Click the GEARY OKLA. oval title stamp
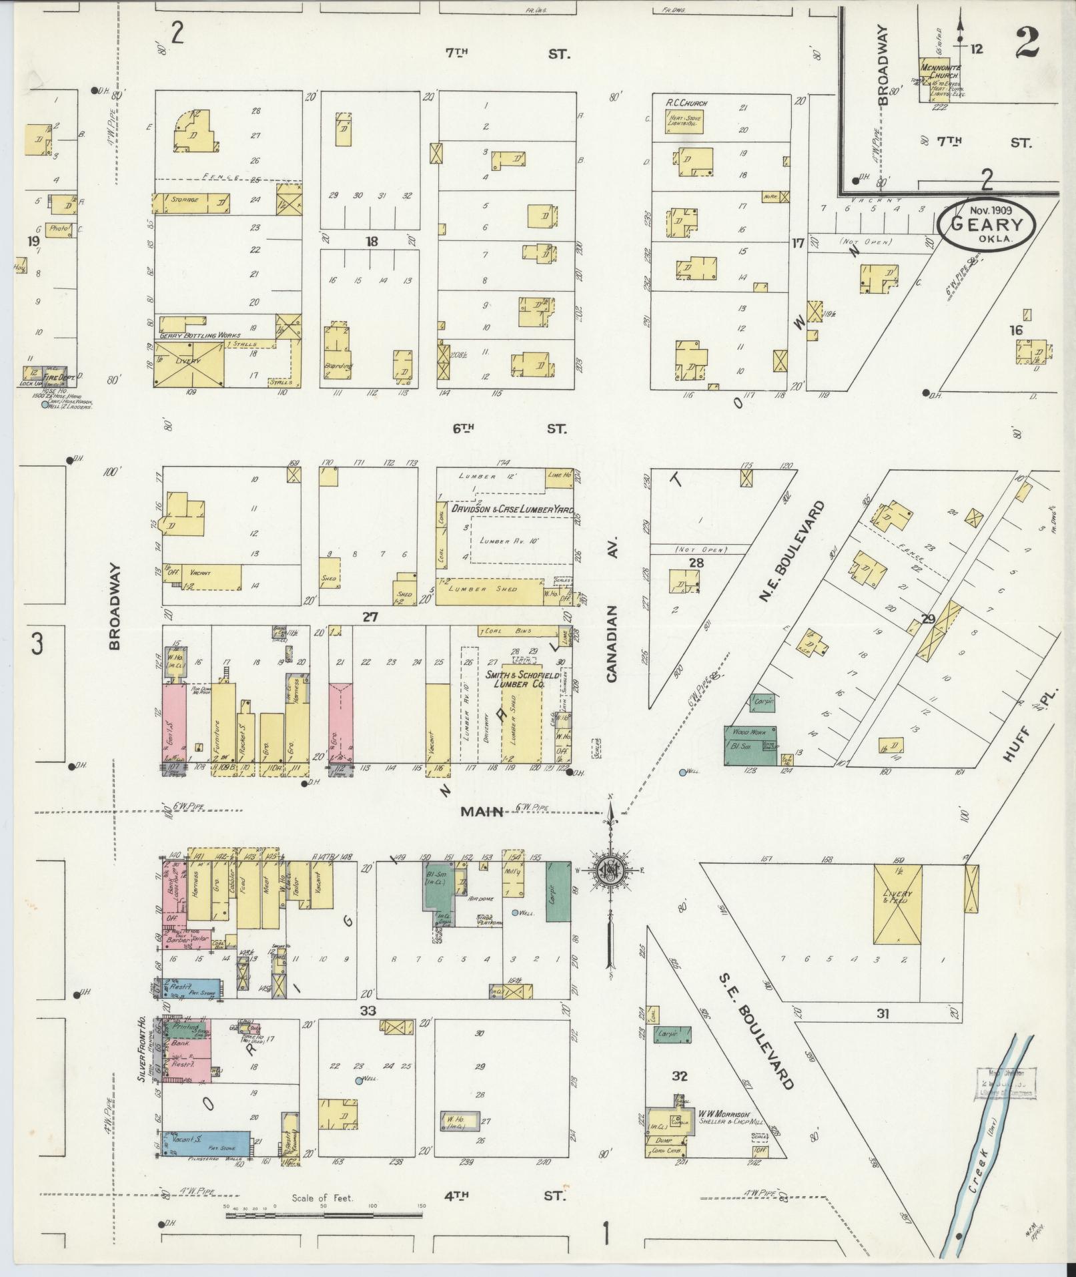[986, 224]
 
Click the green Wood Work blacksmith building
[750, 746]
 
